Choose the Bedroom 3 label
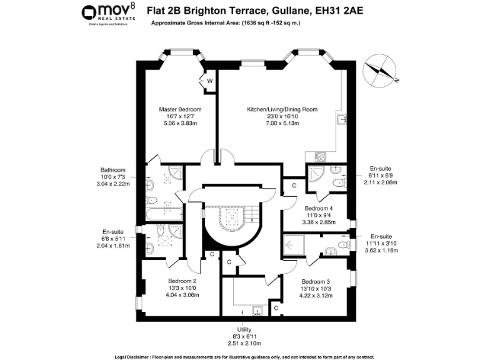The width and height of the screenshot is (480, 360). coord(316,281)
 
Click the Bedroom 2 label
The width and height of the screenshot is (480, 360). coord(182,281)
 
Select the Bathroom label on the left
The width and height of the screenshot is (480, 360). coord(113,170)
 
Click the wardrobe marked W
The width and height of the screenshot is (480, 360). coord(209,81)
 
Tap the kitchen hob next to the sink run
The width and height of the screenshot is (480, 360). coord(321,157)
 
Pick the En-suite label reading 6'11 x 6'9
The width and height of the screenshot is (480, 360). coord(380,169)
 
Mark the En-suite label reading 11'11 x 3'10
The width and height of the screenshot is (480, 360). coord(380,236)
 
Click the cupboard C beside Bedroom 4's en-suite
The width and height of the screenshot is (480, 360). coord(294,185)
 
